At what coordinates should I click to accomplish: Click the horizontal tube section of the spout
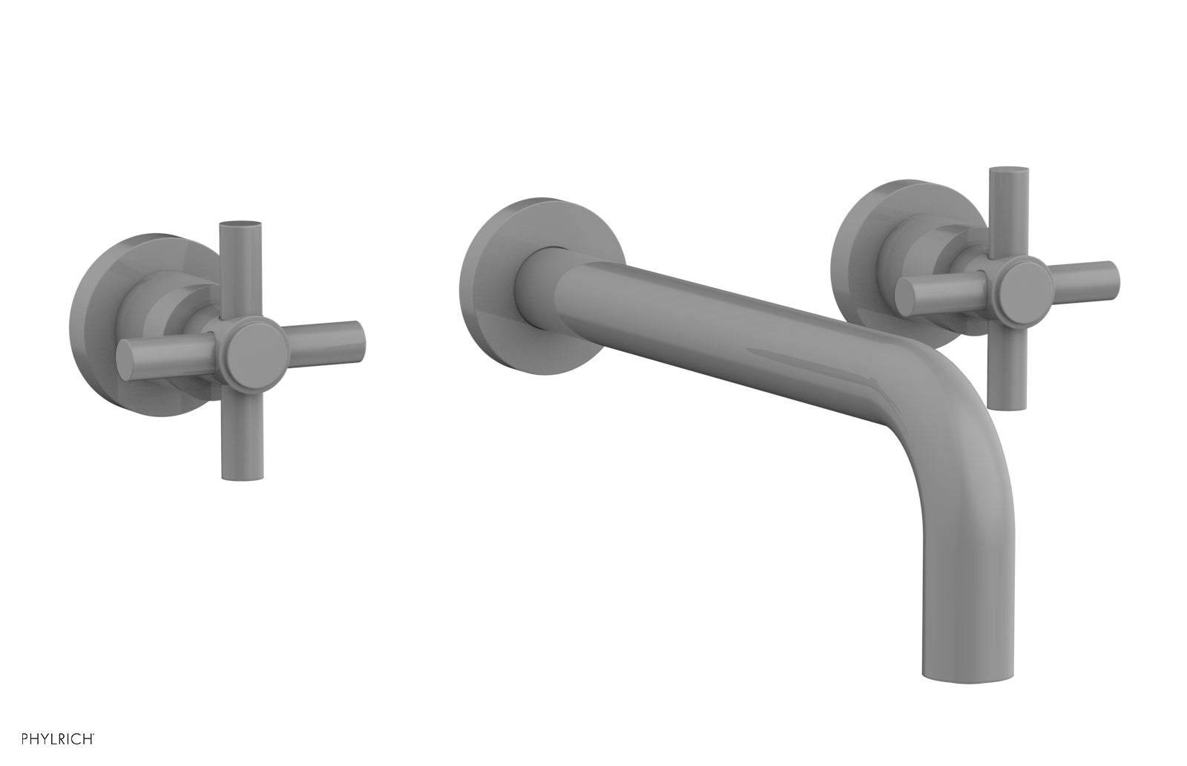[x=705, y=312]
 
